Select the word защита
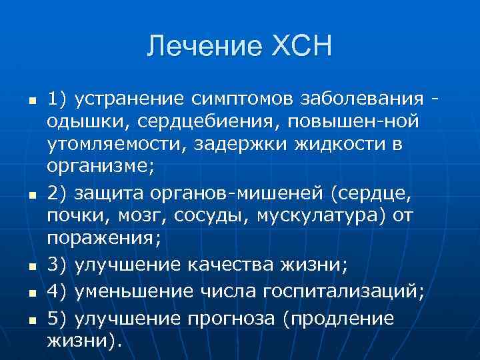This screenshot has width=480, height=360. (x=110, y=193)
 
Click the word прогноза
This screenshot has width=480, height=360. (x=227, y=318)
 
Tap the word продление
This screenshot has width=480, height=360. (x=339, y=318)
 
